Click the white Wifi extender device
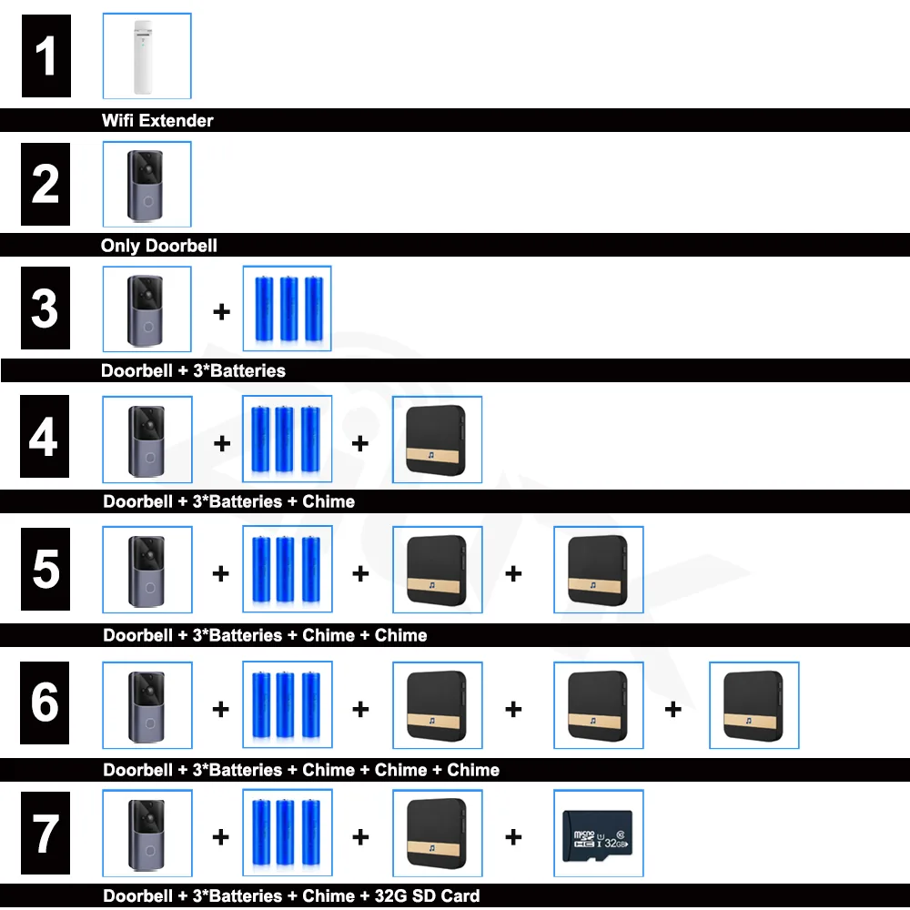pyautogui.click(x=143, y=56)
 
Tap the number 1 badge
pyautogui.click(x=46, y=56)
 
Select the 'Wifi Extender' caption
pyautogui.click(x=157, y=120)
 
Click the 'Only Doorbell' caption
pyautogui.click(x=159, y=246)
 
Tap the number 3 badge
pyautogui.click(x=45, y=308)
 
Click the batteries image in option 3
pyautogui.click(x=288, y=308)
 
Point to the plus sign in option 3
pyautogui.click(x=221, y=311)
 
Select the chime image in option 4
pyautogui.click(x=437, y=440)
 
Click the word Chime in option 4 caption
pyautogui.click(x=329, y=501)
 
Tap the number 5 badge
pyautogui.click(x=45, y=570)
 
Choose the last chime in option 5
pyautogui.click(x=598, y=571)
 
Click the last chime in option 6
pyautogui.click(x=753, y=706)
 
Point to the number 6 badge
pyautogui.click(x=45, y=703)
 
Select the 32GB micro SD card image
pyautogui.click(x=598, y=835)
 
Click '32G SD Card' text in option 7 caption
pyautogui.click(x=427, y=896)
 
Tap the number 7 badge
pyautogui.click(x=45, y=833)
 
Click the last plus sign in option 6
pyautogui.click(x=673, y=709)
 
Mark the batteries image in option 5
pyautogui.click(x=288, y=570)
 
